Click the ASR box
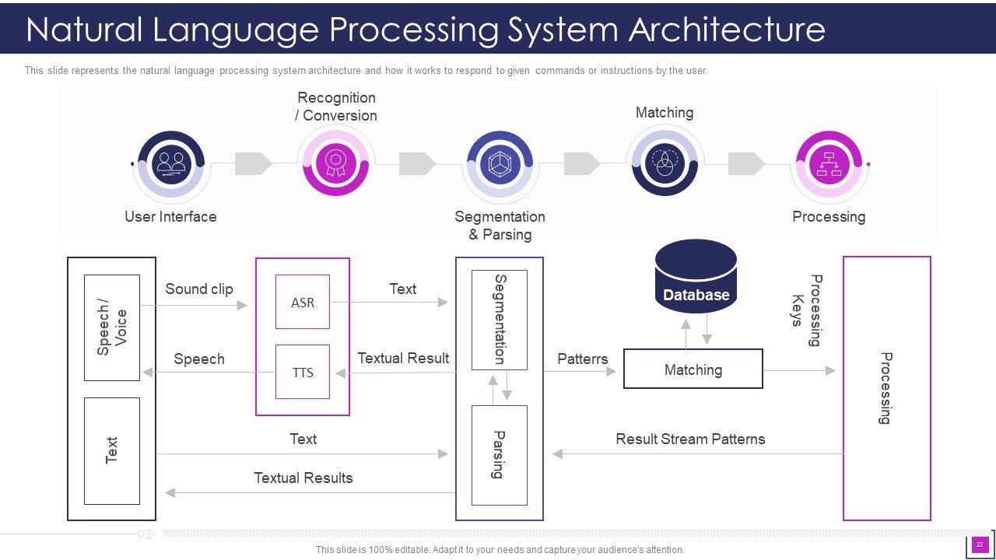[x=303, y=302]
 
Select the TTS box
[x=303, y=372]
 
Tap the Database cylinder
[x=696, y=278]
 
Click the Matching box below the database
[x=693, y=369]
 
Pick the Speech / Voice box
[x=112, y=327]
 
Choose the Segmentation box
[x=500, y=320]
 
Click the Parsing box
[x=500, y=455]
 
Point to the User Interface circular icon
[x=170, y=163]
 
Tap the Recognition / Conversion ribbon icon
[x=336, y=163]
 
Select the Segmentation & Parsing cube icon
[x=500, y=163]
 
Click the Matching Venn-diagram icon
[x=665, y=163]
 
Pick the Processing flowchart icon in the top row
[x=829, y=163]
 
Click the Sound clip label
[x=199, y=289]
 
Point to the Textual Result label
[x=403, y=358]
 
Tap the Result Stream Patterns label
[x=690, y=439]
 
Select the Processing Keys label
[x=806, y=310]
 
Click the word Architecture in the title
[x=727, y=30]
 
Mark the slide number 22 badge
[x=980, y=544]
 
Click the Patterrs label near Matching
[x=583, y=359]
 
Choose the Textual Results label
[x=303, y=478]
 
